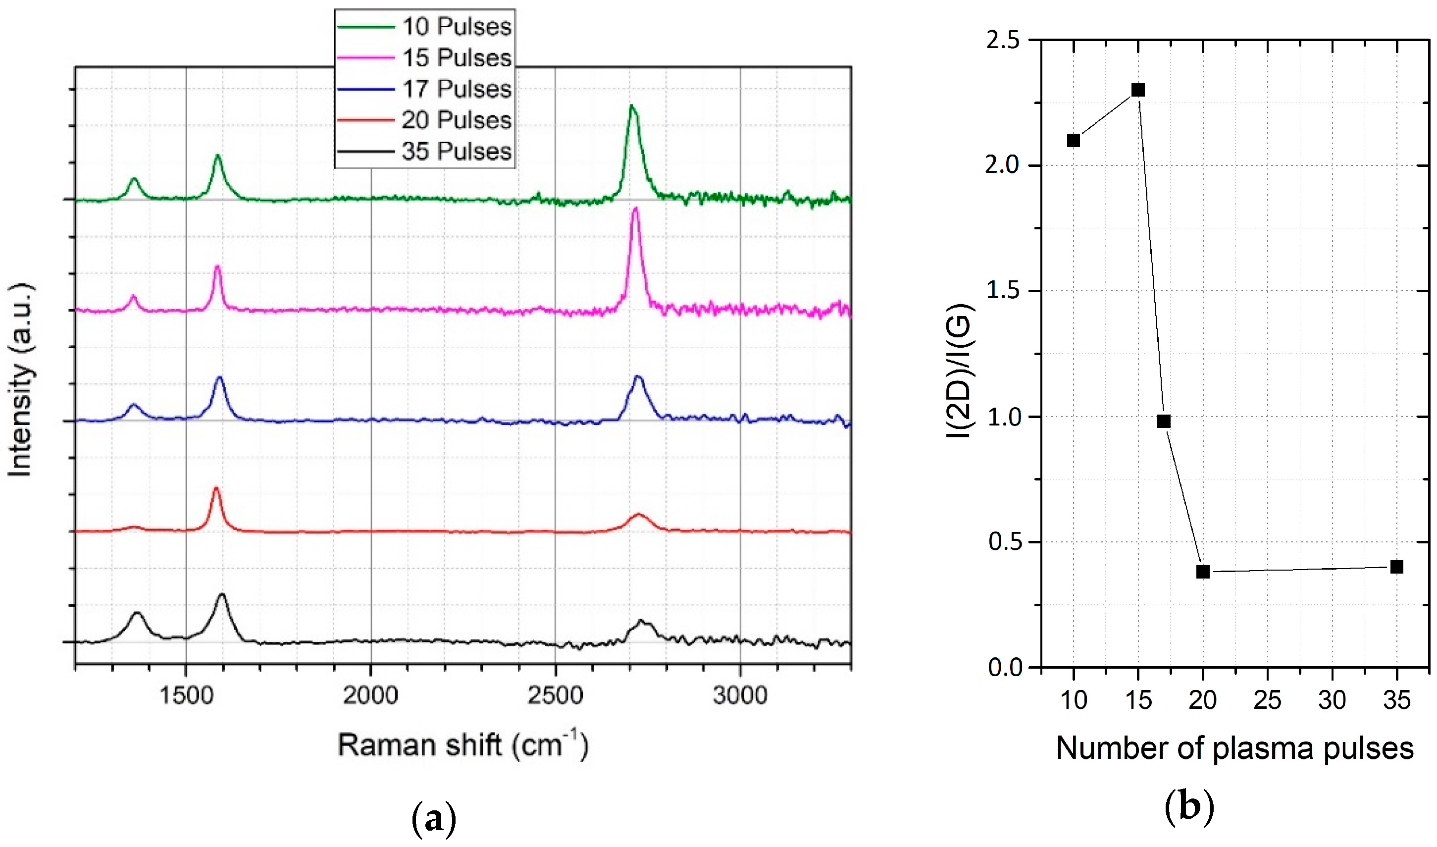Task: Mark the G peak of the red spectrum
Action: click(x=215, y=489)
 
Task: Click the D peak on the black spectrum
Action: click(x=137, y=614)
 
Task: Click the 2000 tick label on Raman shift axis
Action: click(x=371, y=696)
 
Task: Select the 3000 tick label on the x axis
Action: click(x=740, y=696)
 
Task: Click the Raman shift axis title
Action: click(x=462, y=745)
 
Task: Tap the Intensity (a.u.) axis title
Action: click(x=21, y=379)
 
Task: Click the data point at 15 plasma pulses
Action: click(x=1138, y=90)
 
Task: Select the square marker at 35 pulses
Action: click(x=1396, y=567)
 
